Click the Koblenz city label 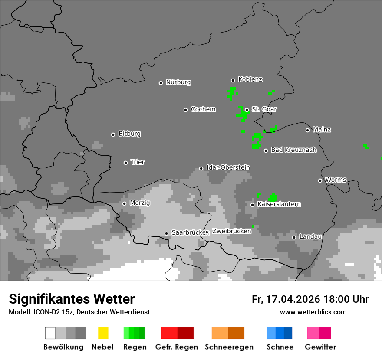coord(250,79)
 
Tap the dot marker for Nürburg coord(161,83)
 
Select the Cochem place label coord(203,109)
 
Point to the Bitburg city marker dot coord(113,134)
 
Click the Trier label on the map coord(138,162)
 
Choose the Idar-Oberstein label coord(228,167)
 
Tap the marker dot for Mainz coord(307,130)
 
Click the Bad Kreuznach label coord(293,150)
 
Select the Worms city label coord(336,180)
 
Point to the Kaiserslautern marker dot coord(252,205)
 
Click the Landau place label coord(310,236)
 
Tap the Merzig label coord(140,203)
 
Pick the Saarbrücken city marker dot coord(166,233)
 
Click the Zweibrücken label coord(231,231)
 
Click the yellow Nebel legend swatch coord(103,333)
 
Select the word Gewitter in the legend coord(320,347)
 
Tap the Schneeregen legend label coord(229,347)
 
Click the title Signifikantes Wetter coord(72,299)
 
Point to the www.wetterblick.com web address coord(313,312)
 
